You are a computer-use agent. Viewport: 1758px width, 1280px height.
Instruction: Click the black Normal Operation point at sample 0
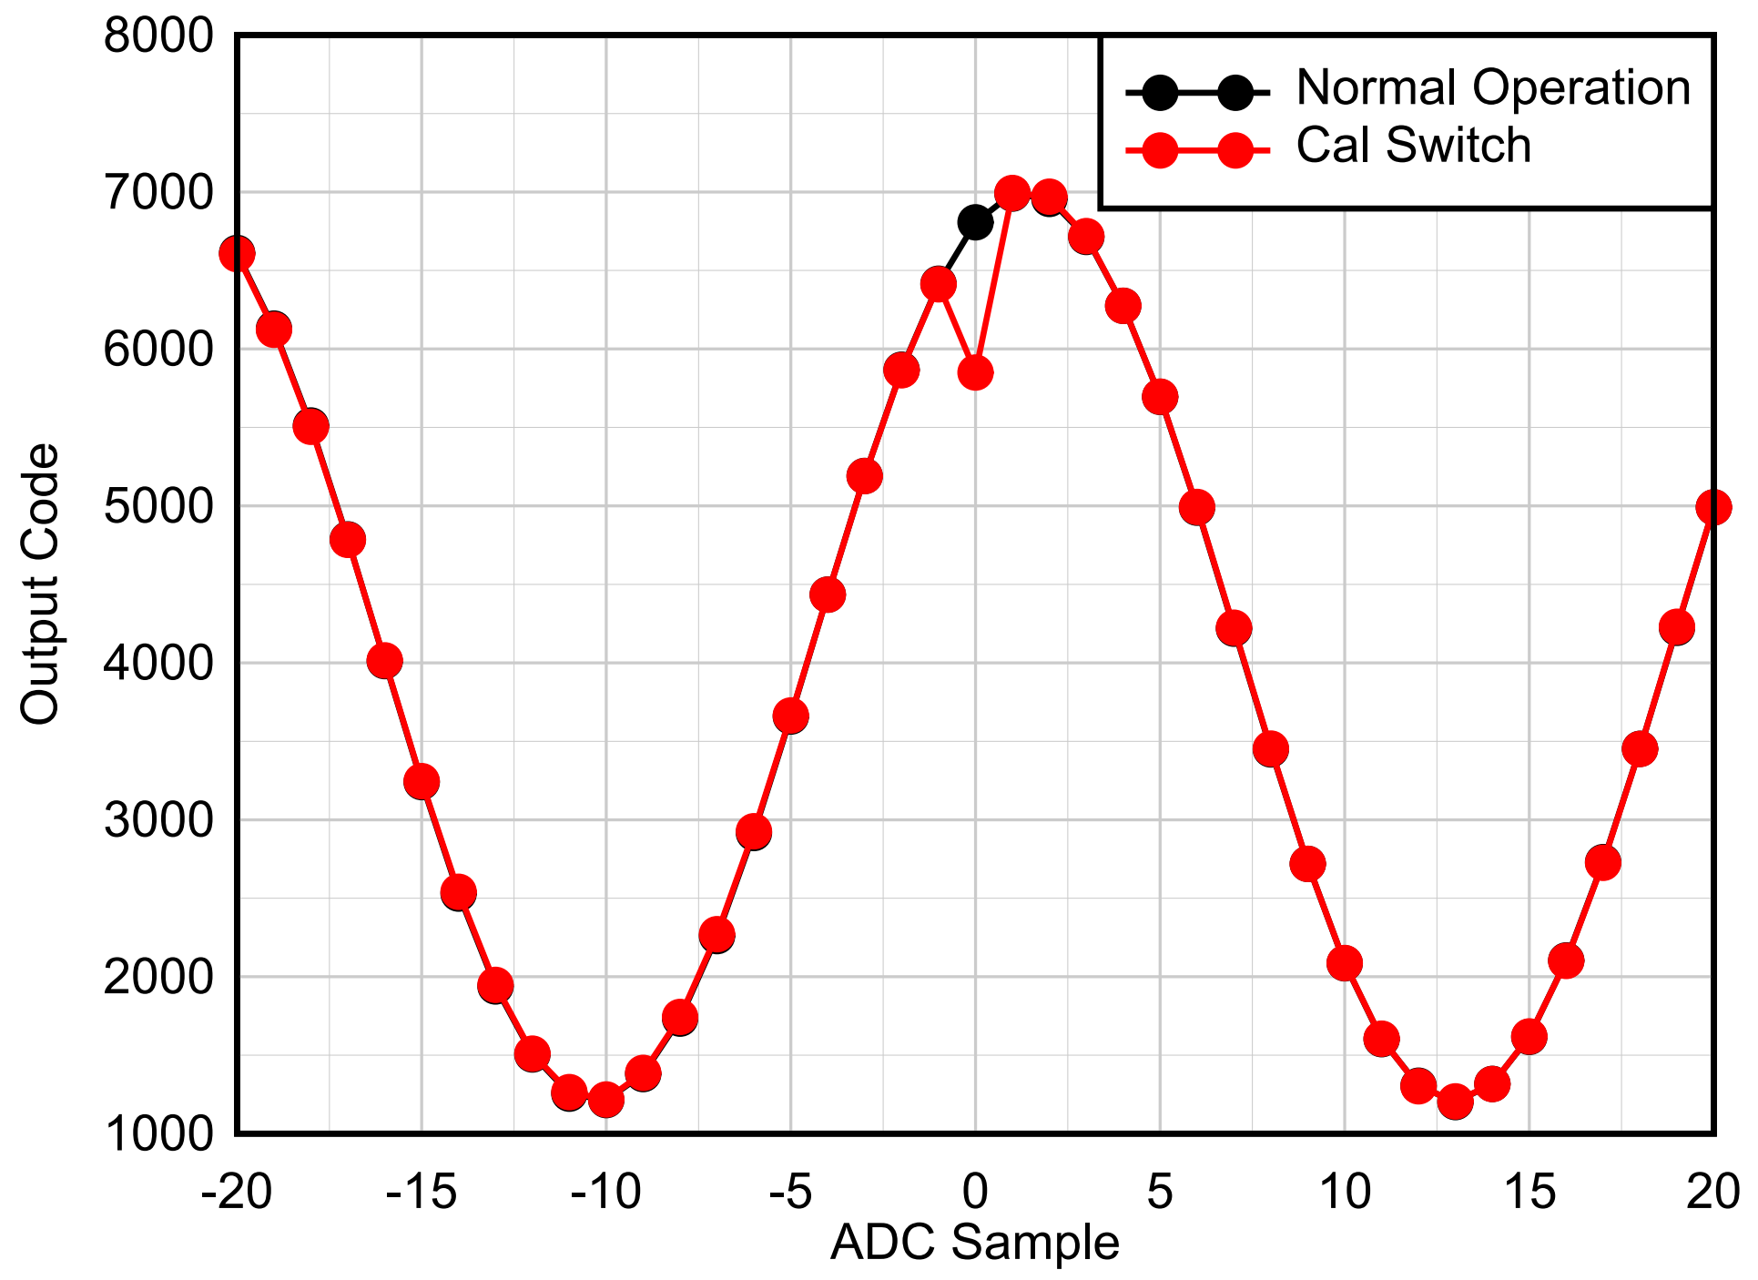pos(975,222)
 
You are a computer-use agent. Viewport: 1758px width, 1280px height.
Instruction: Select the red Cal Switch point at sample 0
pos(975,372)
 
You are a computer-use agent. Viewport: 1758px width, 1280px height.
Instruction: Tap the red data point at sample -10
pos(606,1100)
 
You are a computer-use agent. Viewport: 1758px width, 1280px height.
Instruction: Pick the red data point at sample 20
pos(1713,507)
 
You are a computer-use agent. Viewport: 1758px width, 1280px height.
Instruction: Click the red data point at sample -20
pos(237,254)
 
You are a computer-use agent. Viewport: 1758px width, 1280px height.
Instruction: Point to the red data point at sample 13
pos(1455,1102)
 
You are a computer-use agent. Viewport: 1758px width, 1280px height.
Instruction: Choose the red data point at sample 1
pos(1012,193)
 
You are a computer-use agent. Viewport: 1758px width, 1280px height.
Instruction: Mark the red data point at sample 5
pos(1160,397)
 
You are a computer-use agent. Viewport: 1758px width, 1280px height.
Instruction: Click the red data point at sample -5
pos(790,716)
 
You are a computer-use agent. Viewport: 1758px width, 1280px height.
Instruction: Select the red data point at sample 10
pos(1345,963)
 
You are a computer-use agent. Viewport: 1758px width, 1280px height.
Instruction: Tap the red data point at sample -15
pos(422,781)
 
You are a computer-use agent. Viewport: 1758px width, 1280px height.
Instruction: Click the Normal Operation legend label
pos(1493,88)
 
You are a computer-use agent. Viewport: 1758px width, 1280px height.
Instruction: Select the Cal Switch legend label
pos(1413,146)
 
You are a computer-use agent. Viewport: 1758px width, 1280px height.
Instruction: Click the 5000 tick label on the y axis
pos(158,507)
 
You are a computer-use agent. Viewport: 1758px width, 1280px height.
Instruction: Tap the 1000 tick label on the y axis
pos(158,1134)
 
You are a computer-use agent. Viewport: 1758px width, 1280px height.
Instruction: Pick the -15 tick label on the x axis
pos(422,1192)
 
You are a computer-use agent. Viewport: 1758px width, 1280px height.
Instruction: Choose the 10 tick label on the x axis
pos(1345,1192)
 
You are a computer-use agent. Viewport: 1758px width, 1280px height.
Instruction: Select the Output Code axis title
pos(40,584)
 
